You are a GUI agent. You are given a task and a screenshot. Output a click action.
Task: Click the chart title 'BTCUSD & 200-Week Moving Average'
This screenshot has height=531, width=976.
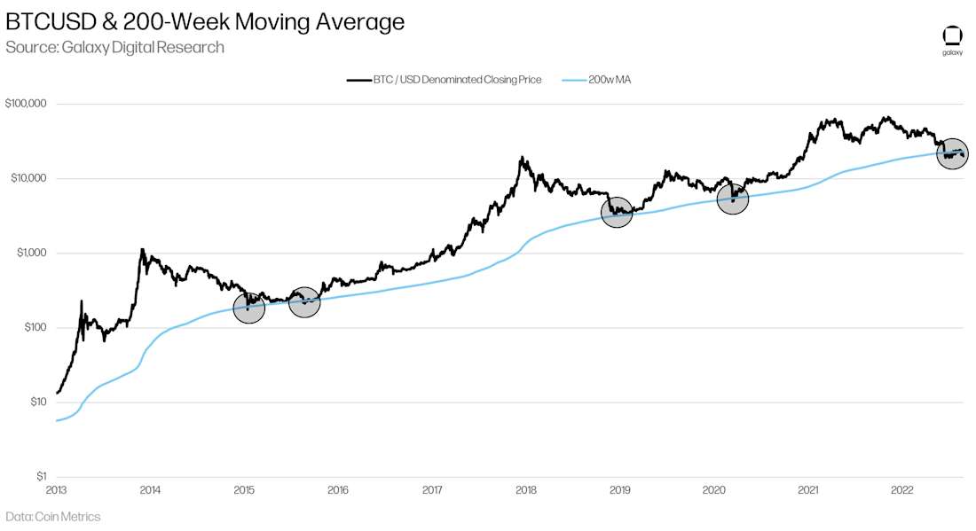205,22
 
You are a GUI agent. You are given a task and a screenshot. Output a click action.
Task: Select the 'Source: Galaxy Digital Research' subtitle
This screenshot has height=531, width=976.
114,47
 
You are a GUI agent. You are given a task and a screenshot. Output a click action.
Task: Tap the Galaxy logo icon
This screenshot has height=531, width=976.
951,36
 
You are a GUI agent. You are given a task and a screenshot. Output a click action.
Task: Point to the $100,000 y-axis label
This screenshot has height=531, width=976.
26,104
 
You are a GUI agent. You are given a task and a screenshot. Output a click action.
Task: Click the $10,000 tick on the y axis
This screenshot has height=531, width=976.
28,178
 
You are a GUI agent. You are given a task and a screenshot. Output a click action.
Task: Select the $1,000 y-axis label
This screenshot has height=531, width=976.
30,253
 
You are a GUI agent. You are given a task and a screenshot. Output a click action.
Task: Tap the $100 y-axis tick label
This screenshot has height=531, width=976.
34,327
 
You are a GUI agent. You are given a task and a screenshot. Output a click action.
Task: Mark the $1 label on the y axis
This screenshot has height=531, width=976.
41,476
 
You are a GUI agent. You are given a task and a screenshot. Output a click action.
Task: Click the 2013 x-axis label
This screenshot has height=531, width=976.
55,489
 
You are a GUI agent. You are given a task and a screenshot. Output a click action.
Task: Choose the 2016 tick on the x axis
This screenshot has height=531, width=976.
337,489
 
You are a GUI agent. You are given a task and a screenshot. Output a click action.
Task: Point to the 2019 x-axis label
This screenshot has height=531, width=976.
619,489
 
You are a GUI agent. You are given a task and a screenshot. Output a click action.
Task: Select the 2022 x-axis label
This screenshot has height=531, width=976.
901,489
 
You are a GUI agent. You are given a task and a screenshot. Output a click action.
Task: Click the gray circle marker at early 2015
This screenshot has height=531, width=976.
249,308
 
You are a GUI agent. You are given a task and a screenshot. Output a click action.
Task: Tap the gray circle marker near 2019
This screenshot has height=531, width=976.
617,213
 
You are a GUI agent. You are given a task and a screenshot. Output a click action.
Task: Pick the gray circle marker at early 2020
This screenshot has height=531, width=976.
733,199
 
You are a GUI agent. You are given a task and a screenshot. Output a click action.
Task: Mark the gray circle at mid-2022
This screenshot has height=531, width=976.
952,154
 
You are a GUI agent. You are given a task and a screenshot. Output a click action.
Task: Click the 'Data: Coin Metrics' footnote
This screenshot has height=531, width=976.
53,517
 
